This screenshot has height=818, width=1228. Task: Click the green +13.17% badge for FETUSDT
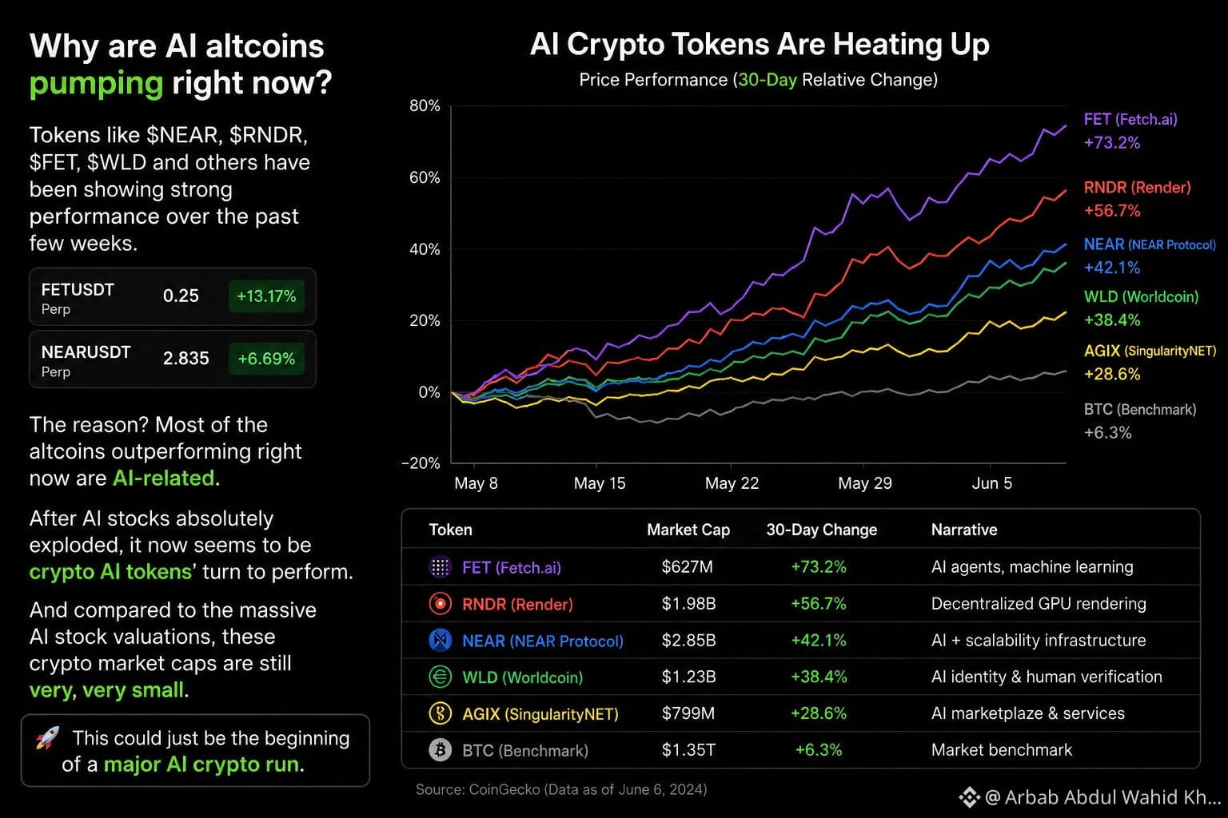[x=266, y=296]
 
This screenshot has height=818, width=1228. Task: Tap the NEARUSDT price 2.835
[x=185, y=359]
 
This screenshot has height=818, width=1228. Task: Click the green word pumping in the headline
[x=96, y=84]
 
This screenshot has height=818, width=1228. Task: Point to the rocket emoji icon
[x=48, y=737]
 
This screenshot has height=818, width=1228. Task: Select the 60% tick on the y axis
[x=425, y=177]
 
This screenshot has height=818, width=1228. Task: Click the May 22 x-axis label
[x=732, y=483]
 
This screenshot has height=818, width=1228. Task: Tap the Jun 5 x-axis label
[x=991, y=483]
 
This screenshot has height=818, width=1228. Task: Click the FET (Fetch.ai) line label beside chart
[x=1130, y=120]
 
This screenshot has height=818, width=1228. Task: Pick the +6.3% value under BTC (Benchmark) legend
[x=1107, y=433]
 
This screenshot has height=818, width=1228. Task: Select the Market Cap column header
[x=688, y=530]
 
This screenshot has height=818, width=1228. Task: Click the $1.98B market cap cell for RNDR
[x=688, y=604]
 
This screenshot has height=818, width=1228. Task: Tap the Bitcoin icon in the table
[x=440, y=749]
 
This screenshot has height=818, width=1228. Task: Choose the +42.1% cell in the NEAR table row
[x=819, y=641]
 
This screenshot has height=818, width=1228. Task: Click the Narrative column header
[x=963, y=530]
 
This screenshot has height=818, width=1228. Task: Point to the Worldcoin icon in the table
[x=440, y=677]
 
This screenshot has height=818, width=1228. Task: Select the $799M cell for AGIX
[x=688, y=713]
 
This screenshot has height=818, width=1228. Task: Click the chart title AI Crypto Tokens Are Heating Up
[x=760, y=44]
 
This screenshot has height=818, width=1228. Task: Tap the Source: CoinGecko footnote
[x=561, y=789]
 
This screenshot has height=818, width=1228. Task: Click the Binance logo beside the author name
[x=969, y=797]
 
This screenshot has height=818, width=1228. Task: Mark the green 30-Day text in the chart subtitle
[x=767, y=80]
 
